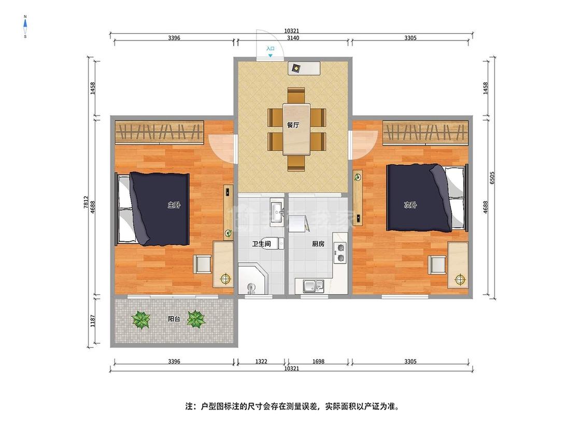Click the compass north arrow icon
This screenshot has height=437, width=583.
coord(25,26)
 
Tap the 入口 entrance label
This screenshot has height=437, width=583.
coord(271,49)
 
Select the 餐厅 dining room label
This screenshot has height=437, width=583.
coord(293,125)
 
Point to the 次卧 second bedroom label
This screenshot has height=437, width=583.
coord(410,205)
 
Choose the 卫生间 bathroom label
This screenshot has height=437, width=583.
coord(261,244)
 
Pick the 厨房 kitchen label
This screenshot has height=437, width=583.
coord(318,244)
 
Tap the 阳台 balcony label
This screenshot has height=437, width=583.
coord(174,319)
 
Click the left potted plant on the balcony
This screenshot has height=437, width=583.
coord(141,319)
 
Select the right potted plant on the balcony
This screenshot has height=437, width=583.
coord(196,319)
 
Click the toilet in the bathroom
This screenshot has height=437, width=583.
coord(273,243)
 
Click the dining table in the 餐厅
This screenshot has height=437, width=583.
coord(296,129)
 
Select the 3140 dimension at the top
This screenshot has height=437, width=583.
coord(293,37)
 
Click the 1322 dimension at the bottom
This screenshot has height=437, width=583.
coord(261,361)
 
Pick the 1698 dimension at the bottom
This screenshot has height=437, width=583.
coord(319,361)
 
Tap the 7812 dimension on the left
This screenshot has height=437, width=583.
coord(86,202)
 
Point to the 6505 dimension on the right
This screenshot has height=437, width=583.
coord(492,178)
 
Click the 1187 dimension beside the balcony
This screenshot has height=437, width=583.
coord(93,321)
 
